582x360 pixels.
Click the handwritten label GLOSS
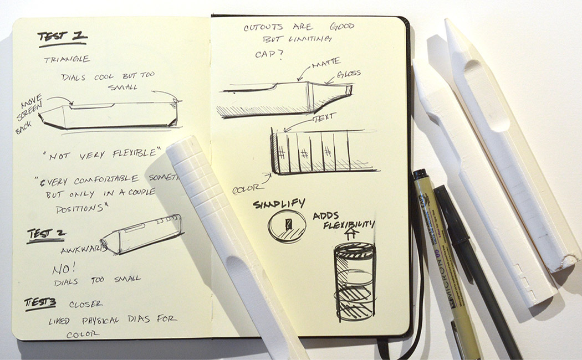point(348,73)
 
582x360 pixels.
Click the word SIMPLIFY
point(275,204)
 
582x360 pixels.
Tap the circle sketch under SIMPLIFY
point(287,227)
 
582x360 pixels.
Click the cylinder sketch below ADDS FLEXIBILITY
point(354,282)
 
